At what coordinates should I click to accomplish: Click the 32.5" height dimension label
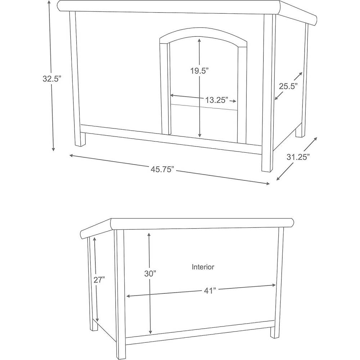point(52,78)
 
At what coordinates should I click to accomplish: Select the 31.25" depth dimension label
point(298,157)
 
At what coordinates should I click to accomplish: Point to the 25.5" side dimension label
point(288,86)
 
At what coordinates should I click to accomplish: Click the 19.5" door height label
point(199,71)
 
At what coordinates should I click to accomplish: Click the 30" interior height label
point(150,274)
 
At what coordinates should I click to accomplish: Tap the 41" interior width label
point(210,291)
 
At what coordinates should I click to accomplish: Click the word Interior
point(203,267)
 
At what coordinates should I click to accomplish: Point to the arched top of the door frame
point(203,35)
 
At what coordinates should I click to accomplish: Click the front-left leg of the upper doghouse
point(77,79)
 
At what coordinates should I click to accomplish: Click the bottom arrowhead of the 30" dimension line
point(150,332)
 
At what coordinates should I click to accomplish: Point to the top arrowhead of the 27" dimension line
point(94,239)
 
